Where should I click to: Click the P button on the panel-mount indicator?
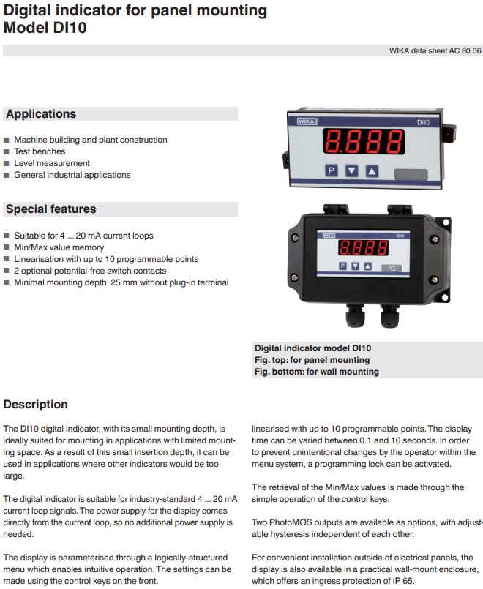pyautogui.click(x=331, y=171)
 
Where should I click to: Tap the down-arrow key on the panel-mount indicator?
pyautogui.click(x=352, y=171)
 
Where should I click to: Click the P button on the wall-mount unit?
pyautogui.click(x=342, y=266)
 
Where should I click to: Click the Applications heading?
pyautogui.click(x=41, y=114)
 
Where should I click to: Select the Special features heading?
pyautogui.click(x=51, y=209)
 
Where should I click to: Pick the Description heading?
pyautogui.click(x=36, y=405)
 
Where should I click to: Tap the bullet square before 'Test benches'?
pyautogui.click(x=7, y=151)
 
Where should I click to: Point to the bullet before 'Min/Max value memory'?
pyautogui.click(x=7, y=247)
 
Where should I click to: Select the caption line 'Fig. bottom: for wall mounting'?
pyautogui.click(x=316, y=372)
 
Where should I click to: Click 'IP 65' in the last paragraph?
pyautogui.click(x=400, y=581)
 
